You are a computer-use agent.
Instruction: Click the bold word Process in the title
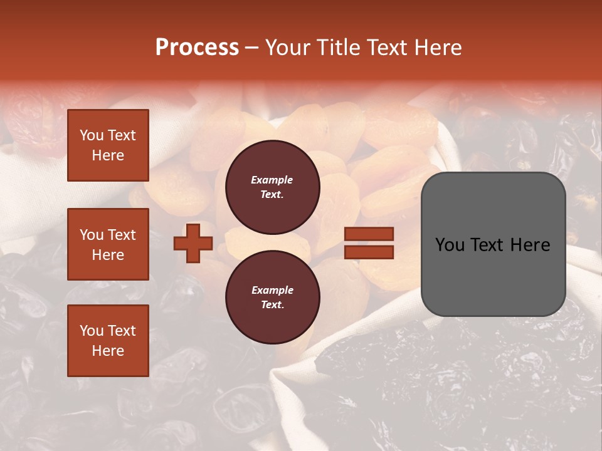[x=197, y=48]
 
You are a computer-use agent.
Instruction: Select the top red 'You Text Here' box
[x=108, y=145]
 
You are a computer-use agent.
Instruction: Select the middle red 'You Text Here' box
[x=108, y=244]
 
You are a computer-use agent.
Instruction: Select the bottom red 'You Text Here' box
[x=108, y=341]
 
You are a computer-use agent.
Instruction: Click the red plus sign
[x=193, y=243]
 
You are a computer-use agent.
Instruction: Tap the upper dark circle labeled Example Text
[x=272, y=187]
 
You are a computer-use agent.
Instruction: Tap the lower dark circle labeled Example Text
[x=272, y=297]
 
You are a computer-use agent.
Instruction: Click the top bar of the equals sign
[x=369, y=234]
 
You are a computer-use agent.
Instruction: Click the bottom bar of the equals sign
[x=369, y=252]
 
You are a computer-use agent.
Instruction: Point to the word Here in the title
[x=437, y=48]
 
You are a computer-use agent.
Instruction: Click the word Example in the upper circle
[x=272, y=180]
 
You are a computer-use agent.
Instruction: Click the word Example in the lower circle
[x=272, y=290]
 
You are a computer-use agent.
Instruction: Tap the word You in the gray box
[x=450, y=245]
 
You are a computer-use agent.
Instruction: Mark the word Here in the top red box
[x=108, y=155]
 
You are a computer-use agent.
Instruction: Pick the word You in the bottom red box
[x=92, y=331]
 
